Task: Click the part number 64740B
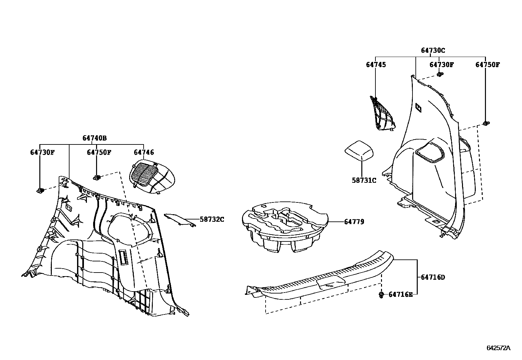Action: (x=94, y=138)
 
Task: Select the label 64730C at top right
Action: (x=433, y=50)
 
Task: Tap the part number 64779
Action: (x=354, y=222)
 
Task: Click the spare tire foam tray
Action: (x=284, y=226)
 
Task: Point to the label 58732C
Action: (x=212, y=219)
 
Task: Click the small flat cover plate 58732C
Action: (x=179, y=219)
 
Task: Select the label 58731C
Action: (x=364, y=180)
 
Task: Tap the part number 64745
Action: (x=376, y=65)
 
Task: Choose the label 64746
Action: (x=144, y=152)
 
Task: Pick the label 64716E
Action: (x=400, y=294)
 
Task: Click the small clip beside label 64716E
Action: (x=381, y=295)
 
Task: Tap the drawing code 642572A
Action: (x=498, y=348)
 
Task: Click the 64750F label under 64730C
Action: (x=488, y=65)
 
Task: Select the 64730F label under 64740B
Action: (x=42, y=152)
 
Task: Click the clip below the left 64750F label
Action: (x=97, y=178)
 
